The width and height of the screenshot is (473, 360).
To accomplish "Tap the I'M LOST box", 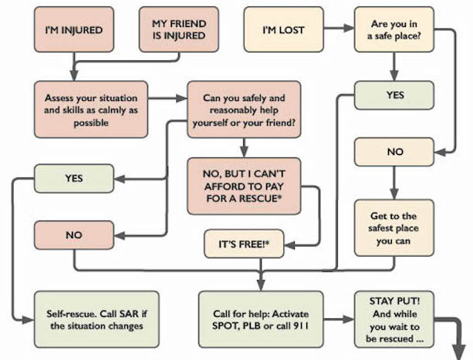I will (x=283, y=31).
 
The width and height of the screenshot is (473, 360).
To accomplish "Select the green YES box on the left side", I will (x=74, y=179).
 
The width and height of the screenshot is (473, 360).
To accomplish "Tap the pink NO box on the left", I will (x=74, y=234).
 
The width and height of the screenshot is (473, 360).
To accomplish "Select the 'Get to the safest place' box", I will (x=394, y=227).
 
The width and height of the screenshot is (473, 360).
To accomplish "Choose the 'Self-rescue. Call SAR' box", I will (x=96, y=318).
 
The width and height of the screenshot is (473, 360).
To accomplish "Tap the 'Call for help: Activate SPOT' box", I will (x=261, y=318).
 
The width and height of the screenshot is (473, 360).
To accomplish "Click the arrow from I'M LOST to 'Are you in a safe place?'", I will (x=338, y=31).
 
